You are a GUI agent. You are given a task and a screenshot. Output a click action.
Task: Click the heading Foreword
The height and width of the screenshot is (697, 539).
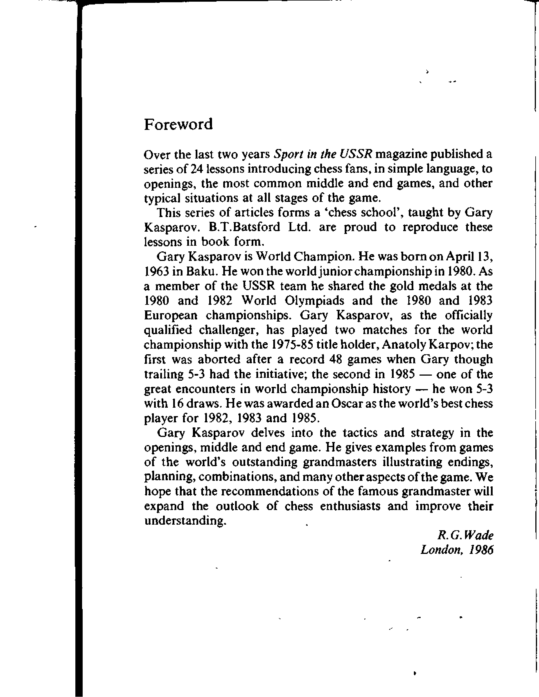coord(178,124)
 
